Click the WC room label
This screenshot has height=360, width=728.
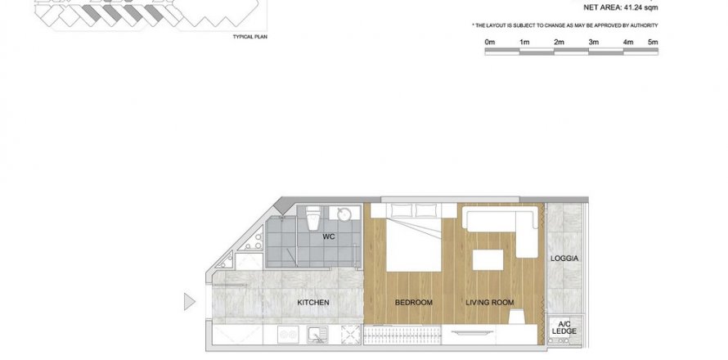[329, 237]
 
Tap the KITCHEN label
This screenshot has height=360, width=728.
[313, 303]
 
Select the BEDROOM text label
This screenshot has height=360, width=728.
[414, 303]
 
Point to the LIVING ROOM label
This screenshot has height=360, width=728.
[490, 303]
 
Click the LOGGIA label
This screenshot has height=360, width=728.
[564, 259]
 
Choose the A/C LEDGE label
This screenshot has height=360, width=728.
[564, 328]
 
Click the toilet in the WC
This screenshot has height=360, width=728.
[313, 218]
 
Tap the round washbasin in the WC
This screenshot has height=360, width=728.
[344, 214]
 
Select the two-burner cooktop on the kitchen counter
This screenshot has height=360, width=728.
[287, 335]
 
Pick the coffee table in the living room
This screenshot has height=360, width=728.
[488, 259]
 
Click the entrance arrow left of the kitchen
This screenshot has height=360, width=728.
[190, 301]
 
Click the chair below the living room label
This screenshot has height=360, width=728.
[517, 317]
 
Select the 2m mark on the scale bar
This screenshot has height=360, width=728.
[559, 42]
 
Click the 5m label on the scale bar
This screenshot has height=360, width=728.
[653, 42]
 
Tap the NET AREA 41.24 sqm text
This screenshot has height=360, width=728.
[621, 7]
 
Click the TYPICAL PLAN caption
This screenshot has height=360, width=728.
[250, 37]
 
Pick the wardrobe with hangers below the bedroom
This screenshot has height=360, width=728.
[402, 335]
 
